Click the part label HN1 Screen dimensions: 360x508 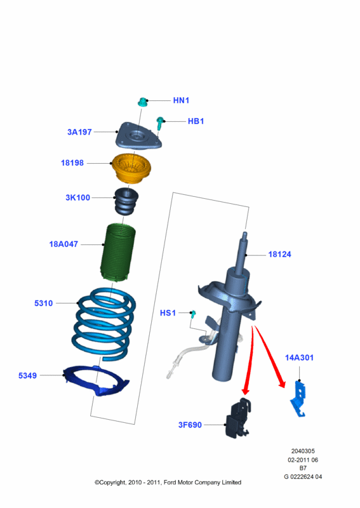point(181,100)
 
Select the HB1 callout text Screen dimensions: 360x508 point(196,121)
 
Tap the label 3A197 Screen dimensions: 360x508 point(79,132)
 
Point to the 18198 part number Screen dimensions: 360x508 point(72,163)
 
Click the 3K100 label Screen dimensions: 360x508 point(77,197)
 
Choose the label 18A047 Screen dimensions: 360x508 point(63,244)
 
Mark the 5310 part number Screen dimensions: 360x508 point(43,304)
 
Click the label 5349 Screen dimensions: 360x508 point(27,375)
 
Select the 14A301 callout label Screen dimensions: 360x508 point(299,358)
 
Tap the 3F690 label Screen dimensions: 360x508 point(190,425)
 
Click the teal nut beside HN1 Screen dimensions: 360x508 point(142,102)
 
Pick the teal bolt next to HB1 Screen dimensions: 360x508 point(160,123)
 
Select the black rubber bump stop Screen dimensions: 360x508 point(126,201)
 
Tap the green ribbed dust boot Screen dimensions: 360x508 point(118,252)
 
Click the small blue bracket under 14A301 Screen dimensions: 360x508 point(299,399)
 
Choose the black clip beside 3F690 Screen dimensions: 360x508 point(239,418)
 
